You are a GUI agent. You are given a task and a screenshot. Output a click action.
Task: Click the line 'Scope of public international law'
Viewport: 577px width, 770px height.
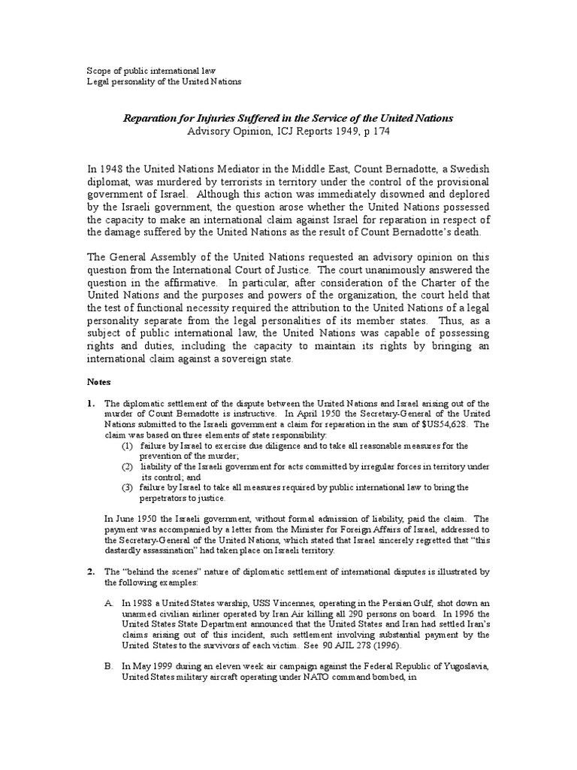pyautogui.click(x=152, y=70)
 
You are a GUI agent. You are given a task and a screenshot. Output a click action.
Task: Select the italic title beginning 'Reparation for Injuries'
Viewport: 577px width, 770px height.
pyautogui.click(x=288, y=119)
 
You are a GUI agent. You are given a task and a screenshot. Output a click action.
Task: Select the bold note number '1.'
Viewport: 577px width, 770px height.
pyautogui.click(x=90, y=403)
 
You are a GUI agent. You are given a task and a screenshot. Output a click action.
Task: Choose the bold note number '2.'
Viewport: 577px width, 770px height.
pyautogui.click(x=90, y=572)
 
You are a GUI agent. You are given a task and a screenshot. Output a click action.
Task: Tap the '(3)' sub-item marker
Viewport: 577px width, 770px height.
pyautogui.click(x=128, y=487)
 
